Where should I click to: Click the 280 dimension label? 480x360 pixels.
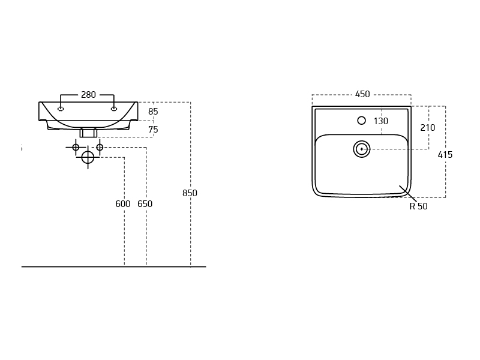[88, 95]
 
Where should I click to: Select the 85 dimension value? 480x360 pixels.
[153, 112]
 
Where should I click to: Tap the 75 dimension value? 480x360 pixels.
[153, 130]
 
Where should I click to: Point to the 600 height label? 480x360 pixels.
[122, 204]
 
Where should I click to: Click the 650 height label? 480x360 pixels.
[145, 204]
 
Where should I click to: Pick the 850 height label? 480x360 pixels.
[190, 193]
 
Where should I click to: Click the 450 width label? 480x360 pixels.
[362, 94]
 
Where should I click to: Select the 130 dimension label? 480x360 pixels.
[380, 121]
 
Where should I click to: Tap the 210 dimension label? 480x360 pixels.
[427, 128]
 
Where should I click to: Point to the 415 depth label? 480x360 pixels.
[445, 155]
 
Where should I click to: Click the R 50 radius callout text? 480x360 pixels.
[418, 206]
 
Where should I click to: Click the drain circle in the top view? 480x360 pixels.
[361, 149]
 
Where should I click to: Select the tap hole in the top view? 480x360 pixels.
[361, 121]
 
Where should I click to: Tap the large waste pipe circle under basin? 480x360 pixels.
[88, 157]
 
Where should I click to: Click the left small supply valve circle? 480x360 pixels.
[76, 147]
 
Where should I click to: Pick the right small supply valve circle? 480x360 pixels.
[100, 147]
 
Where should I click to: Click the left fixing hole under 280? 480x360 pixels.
[61, 109]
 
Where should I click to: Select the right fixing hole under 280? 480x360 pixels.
[113, 109]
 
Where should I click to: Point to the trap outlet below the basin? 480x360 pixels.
[88, 133]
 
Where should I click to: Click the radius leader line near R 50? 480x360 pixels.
[407, 193]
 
